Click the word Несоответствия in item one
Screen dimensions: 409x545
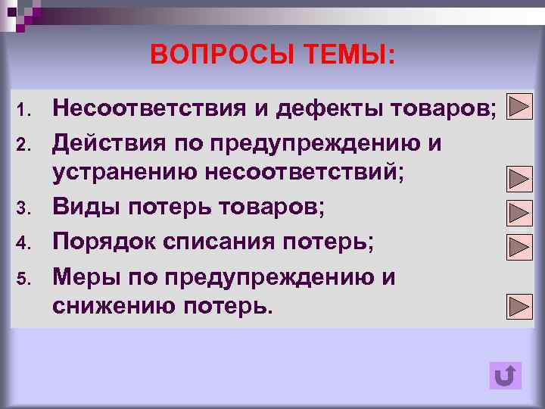coord(146,110)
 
